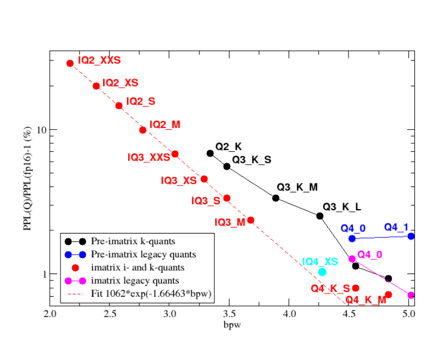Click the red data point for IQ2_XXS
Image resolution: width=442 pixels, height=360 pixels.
(x=70, y=63)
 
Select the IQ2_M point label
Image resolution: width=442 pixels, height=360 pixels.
(x=165, y=125)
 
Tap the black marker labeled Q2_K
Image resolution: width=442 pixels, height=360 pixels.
(x=210, y=154)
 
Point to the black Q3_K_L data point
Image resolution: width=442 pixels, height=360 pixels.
(x=320, y=216)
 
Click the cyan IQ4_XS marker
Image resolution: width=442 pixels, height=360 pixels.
(x=322, y=272)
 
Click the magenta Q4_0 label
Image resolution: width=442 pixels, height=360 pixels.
(x=370, y=255)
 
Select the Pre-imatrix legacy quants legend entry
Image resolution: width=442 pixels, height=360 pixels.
(x=136, y=254)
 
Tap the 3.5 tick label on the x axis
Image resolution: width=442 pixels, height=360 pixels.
(x=229, y=314)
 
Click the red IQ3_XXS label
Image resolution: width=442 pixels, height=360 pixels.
(x=149, y=157)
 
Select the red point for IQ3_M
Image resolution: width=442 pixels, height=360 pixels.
(x=251, y=220)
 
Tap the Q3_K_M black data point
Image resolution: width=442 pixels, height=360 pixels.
(x=276, y=198)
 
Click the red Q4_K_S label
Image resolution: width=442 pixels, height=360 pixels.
(x=330, y=289)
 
